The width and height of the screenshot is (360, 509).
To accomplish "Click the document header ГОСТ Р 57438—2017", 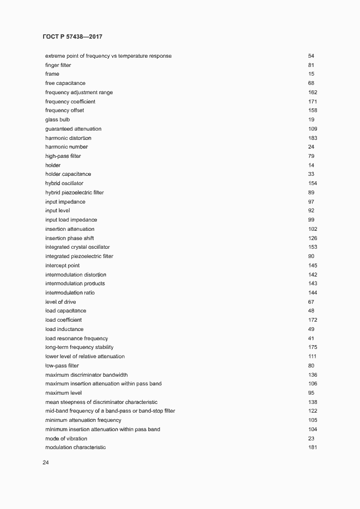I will click(x=72, y=37).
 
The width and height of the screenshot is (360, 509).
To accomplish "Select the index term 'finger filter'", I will click(x=58, y=65).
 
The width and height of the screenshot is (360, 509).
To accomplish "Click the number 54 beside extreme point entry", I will click(x=311, y=56).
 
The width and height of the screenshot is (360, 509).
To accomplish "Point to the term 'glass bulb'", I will click(x=58, y=120).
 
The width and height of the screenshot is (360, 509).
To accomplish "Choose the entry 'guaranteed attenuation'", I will click(x=73, y=129).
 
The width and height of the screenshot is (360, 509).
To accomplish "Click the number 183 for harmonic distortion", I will click(x=313, y=138).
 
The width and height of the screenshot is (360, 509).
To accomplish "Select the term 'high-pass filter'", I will click(x=63, y=156).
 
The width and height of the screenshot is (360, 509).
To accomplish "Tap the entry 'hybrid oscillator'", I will click(x=64, y=183).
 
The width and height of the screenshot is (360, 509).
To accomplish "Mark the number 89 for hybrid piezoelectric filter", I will click(x=311, y=193).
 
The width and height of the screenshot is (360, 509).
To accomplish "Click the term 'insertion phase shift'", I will click(x=70, y=238).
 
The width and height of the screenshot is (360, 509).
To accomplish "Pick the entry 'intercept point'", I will click(x=62, y=266).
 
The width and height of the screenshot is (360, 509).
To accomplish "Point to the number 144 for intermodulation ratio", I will click(x=313, y=293).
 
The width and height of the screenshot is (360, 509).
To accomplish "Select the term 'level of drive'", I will click(x=60, y=302).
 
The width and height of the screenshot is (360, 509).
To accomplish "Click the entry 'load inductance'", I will click(x=64, y=329).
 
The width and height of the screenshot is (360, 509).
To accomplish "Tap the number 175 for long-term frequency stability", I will click(x=313, y=347).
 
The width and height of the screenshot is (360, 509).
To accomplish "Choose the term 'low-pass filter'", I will click(x=62, y=366).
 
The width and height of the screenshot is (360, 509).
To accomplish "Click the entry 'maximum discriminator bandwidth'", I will click(x=87, y=375).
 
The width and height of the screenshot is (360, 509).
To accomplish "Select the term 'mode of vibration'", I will click(x=66, y=439).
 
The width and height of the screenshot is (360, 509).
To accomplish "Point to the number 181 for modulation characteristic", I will click(x=313, y=447).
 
